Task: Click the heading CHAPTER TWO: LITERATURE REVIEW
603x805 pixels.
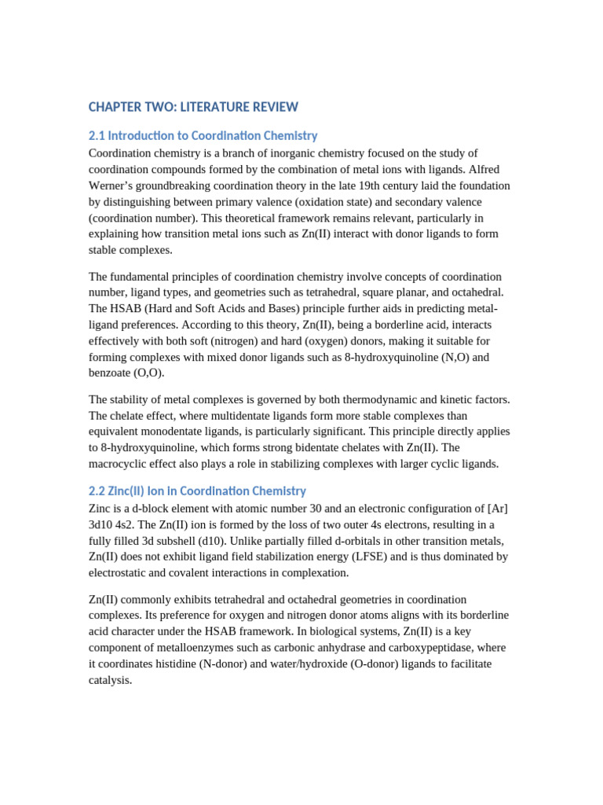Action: pyautogui.click(x=193, y=107)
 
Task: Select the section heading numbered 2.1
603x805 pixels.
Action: pyautogui.click(x=203, y=136)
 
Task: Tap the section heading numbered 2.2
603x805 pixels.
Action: pyautogui.click(x=197, y=491)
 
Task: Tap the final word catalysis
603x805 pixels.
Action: pyautogui.click(x=110, y=680)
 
